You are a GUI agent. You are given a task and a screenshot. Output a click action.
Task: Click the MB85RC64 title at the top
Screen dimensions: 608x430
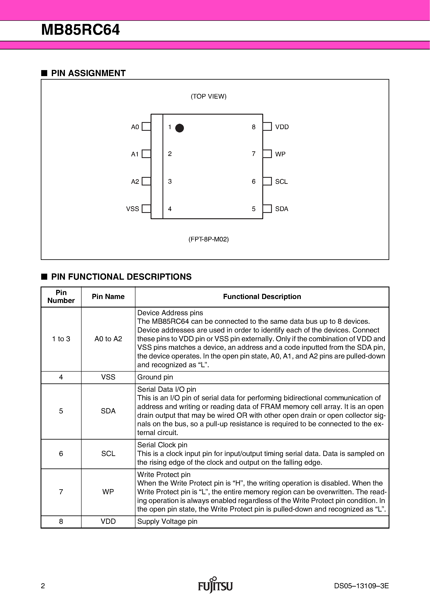(x=80, y=30)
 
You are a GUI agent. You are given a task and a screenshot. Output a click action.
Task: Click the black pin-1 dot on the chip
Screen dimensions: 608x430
(x=179, y=128)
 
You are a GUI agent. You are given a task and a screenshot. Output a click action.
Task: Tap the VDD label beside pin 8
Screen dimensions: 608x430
(x=282, y=127)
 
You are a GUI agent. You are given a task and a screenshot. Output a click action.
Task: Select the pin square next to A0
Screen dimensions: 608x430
(x=146, y=127)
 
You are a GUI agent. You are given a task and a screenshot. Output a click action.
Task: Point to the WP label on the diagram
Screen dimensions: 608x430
(x=280, y=154)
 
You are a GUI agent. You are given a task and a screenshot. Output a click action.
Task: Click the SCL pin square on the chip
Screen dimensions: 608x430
(x=267, y=181)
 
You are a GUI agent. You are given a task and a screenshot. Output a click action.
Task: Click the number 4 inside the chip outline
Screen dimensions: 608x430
(x=170, y=209)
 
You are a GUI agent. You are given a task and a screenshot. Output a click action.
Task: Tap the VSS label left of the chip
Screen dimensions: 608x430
(x=133, y=209)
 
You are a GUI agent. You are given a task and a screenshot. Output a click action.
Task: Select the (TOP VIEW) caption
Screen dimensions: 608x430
(x=208, y=96)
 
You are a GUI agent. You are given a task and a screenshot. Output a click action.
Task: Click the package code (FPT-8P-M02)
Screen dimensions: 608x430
(x=208, y=239)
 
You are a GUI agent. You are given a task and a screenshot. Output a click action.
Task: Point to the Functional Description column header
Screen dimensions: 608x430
(x=262, y=297)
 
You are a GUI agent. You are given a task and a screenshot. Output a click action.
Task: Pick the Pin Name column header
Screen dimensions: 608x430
(x=108, y=297)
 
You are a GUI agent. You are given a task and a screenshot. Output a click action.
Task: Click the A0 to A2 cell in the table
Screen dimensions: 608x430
(x=108, y=339)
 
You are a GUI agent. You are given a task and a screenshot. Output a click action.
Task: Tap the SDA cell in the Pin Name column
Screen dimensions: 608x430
(x=108, y=411)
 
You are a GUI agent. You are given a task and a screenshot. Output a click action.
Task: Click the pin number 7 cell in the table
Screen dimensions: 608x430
(x=61, y=492)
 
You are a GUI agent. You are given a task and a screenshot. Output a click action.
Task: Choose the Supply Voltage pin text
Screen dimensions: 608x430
(x=167, y=521)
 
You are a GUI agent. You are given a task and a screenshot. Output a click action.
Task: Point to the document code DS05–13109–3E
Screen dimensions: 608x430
(x=361, y=586)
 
